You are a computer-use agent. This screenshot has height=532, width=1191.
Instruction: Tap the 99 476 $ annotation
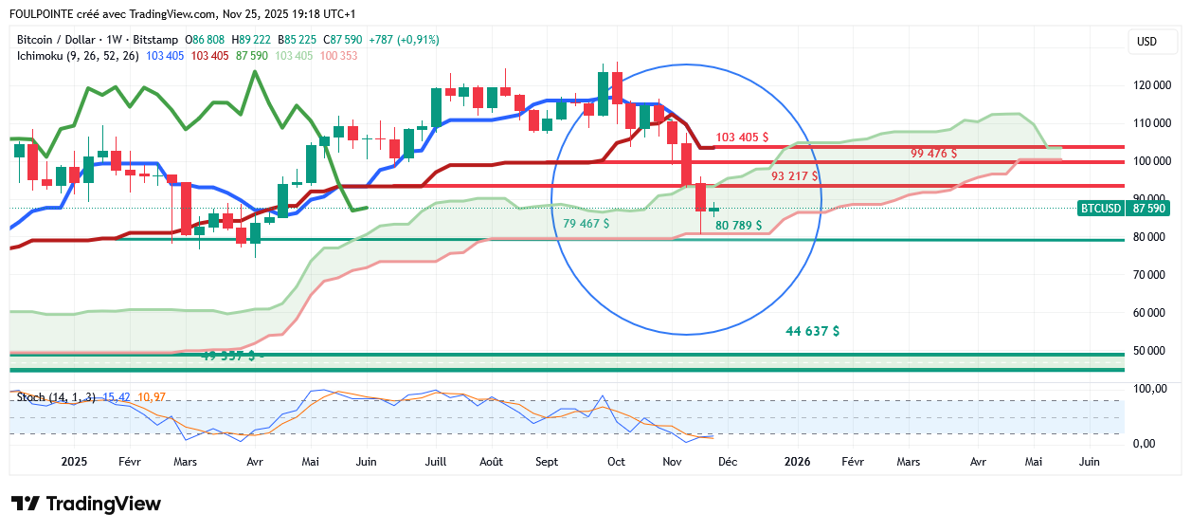click(x=933, y=153)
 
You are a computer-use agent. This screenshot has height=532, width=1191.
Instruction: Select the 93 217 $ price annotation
click(x=794, y=176)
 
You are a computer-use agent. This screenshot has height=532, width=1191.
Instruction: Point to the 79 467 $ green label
click(x=586, y=223)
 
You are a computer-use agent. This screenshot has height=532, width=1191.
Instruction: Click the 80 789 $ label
click(x=738, y=226)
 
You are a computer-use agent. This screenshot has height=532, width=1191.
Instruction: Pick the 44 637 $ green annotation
click(x=812, y=331)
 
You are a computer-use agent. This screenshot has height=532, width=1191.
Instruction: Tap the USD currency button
click(x=1146, y=42)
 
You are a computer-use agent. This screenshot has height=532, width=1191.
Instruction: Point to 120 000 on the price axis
click(x=1152, y=85)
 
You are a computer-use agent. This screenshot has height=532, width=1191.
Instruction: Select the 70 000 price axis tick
click(x=1152, y=275)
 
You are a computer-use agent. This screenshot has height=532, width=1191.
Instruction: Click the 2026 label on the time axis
click(x=797, y=462)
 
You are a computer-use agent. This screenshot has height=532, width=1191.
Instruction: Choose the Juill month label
click(x=436, y=462)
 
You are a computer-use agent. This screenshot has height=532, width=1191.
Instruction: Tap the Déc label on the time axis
click(x=727, y=462)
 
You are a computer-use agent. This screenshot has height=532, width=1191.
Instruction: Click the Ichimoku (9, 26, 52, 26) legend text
click(x=78, y=56)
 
